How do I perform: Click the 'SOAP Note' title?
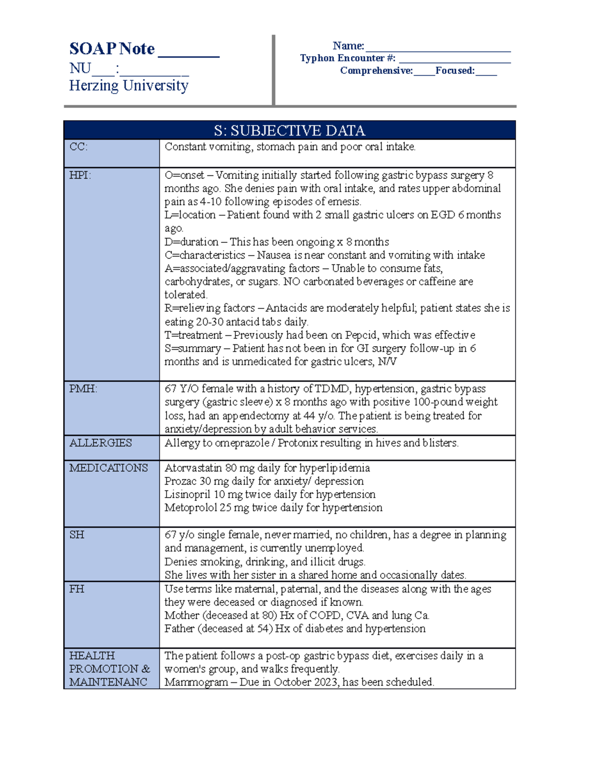[x=112, y=49]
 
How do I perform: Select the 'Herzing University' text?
[x=129, y=86]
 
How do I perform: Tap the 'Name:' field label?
[x=348, y=46]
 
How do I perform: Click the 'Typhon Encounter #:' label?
[x=348, y=58]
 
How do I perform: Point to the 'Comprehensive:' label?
[x=376, y=70]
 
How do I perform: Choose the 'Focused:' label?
[x=455, y=70]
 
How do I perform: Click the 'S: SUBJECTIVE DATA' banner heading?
[x=290, y=131]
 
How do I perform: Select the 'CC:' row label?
[x=78, y=147]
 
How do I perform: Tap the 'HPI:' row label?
[x=80, y=175]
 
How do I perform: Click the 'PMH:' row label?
[x=83, y=389]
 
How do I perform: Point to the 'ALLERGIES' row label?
[x=100, y=443]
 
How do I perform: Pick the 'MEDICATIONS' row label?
[x=108, y=468]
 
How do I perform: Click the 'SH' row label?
[x=77, y=535]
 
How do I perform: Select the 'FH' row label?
[x=77, y=589]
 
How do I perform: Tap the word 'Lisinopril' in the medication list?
[x=187, y=495]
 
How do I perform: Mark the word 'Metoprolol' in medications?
[x=191, y=508]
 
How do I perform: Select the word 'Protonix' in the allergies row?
[x=298, y=443]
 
